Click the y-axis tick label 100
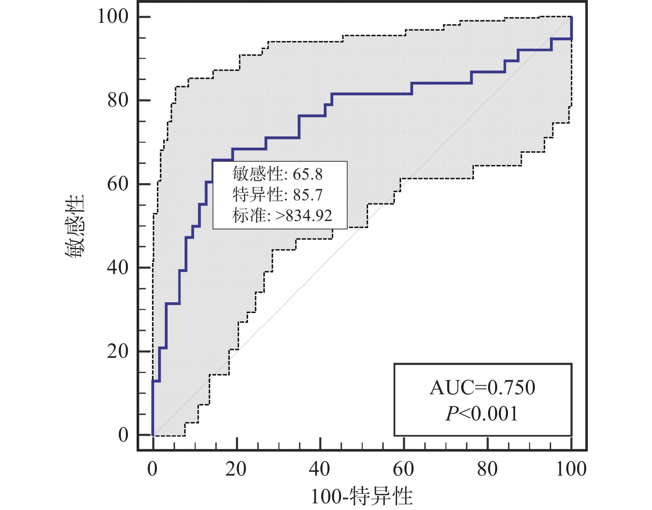point(113,17)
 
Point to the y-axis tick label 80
point(118,100)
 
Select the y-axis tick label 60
point(118,184)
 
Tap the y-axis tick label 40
point(118,268)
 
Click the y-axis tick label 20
point(118,352)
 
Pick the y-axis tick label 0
point(123,435)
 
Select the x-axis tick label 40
point(320,469)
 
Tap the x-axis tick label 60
point(404,469)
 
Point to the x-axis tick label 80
point(487,469)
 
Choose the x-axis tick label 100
point(571,469)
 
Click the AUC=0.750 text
point(482,388)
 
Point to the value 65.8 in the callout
point(308,175)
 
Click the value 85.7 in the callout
point(308,195)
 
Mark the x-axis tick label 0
point(153,469)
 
